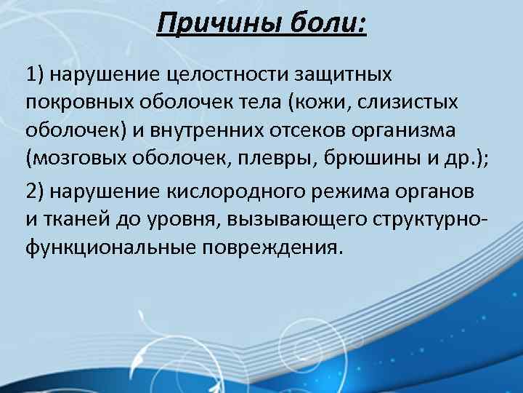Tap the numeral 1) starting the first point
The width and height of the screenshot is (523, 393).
coord(36,74)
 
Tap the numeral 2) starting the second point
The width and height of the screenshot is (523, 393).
coord(36,191)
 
